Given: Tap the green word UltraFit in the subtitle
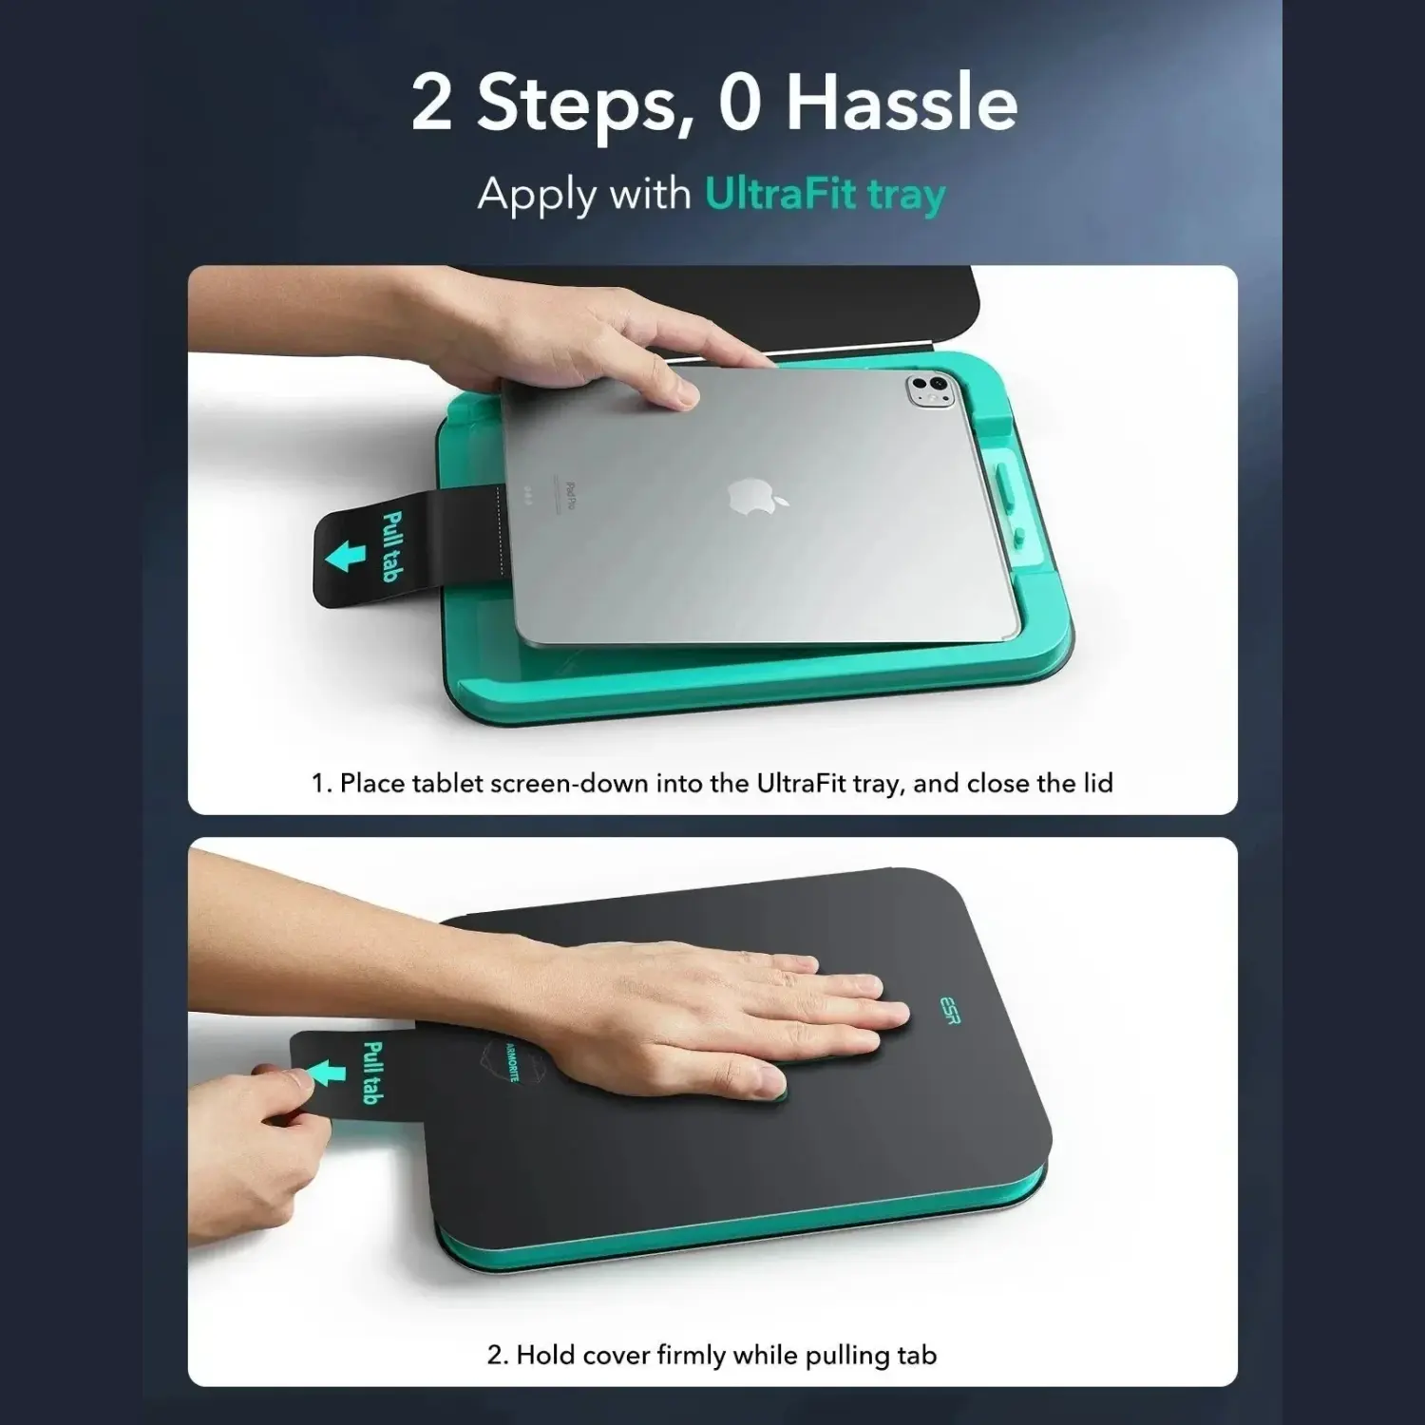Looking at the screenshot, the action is pyautogui.click(x=766, y=194).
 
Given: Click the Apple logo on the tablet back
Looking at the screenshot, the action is pyautogui.click(x=747, y=496).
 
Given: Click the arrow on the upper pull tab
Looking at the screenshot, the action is pyautogui.click(x=345, y=555).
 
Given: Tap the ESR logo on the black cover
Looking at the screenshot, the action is pyautogui.click(x=950, y=1008).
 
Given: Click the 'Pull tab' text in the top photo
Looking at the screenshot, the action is pyautogui.click(x=389, y=545).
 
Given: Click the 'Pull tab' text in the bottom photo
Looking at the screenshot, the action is pyautogui.click(x=371, y=1073).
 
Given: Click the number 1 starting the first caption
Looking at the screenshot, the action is pyautogui.click(x=319, y=784).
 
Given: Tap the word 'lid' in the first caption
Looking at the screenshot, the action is pyautogui.click(x=1097, y=783).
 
